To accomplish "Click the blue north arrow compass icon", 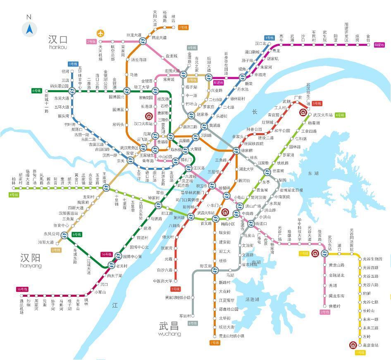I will (x=29, y=29).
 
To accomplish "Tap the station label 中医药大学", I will (x=162, y=281).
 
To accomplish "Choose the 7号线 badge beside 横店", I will (x=183, y=28).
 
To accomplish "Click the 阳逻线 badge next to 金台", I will (x=379, y=45).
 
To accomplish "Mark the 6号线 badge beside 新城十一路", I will (x=36, y=91).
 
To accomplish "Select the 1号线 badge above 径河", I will (x=73, y=64).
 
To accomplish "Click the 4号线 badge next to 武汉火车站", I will (x=340, y=114).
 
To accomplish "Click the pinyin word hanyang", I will (x=31, y=266).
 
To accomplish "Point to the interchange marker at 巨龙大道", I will (x=143, y=41).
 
